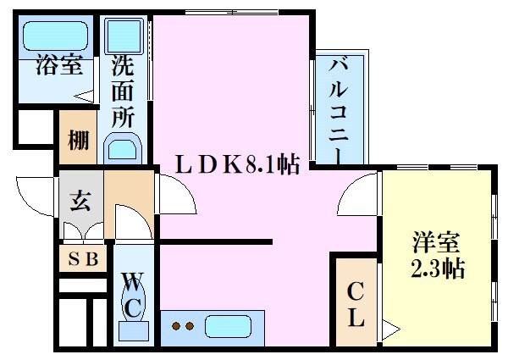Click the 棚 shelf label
tap(78, 139)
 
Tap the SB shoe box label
tap(81, 259)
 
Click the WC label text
tap(133, 294)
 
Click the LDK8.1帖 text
tap(237, 163)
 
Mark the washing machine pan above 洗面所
tap(124, 38)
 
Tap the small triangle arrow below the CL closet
tap(387, 326)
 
